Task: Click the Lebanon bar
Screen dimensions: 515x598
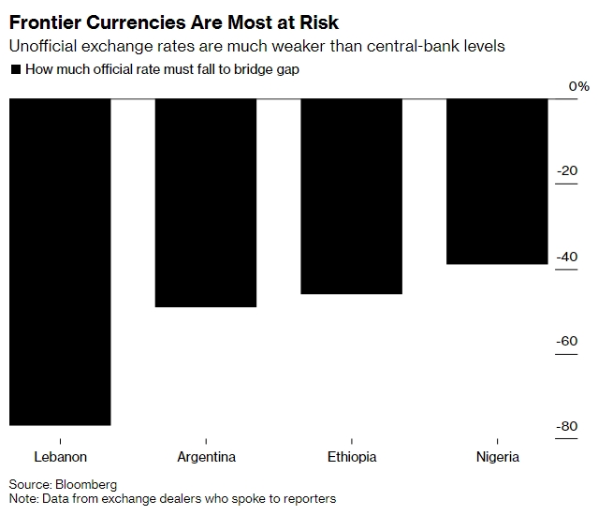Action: (x=60, y=262)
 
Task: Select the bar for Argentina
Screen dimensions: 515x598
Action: (x=206, y=202)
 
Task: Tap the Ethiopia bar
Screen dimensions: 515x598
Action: (x=351, y=197)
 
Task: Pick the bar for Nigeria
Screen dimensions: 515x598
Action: (x=497, y=182)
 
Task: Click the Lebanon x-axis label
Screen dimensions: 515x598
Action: (x=60, y=457)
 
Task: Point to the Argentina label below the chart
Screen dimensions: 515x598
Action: (x=206, y=457)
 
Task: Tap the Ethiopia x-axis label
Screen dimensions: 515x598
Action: (x=352, y=457)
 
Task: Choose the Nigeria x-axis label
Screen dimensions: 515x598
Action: (x=497, y=457)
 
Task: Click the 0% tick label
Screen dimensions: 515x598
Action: (x=579, y=86)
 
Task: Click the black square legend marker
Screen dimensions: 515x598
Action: (x=15, y=69)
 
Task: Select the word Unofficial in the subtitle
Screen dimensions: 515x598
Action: (x=45, y=47)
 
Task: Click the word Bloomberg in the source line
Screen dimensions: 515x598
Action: (x=87, y=484)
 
